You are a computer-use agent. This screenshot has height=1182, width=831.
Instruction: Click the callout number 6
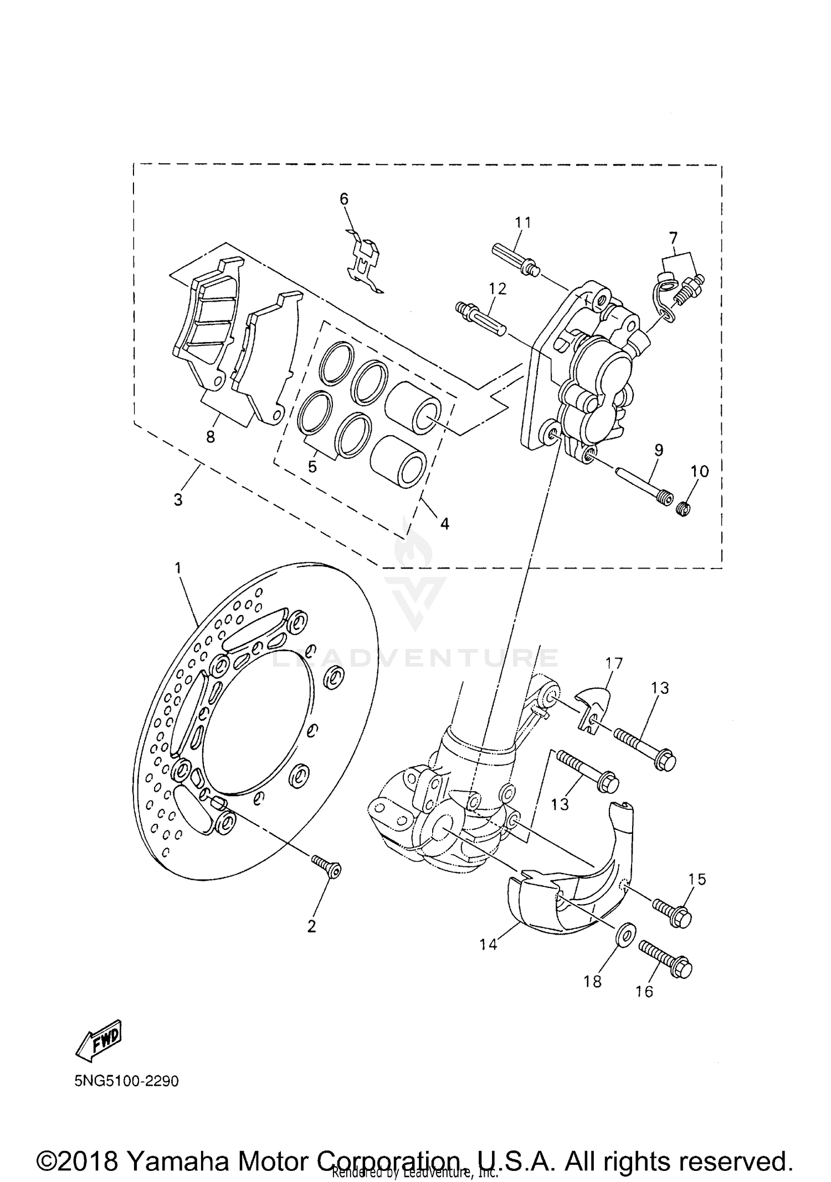click(x=344, y=199)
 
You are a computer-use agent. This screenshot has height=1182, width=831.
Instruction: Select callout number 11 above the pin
click(x=522, y=223)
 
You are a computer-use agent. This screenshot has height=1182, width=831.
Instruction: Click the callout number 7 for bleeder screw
click(x=673, y=238)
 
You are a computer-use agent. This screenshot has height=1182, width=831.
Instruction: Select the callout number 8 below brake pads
click(x=210, y=437)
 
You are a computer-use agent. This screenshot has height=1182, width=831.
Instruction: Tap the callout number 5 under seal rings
click(x=312, y=467)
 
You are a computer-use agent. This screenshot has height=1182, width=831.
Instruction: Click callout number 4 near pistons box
click(x=444, y=523)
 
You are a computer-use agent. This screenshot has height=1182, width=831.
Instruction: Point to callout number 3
click(x=178, y=500)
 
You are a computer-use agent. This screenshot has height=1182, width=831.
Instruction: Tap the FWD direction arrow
click(x=99, y=1040)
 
